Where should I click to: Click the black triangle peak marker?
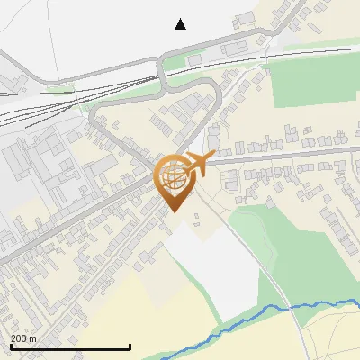click(180, 24)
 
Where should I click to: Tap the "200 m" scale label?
click(24, 338)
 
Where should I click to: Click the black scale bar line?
click(70, 346)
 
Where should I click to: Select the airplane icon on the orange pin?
click(199, 164)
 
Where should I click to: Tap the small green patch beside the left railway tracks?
click(61, 89)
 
